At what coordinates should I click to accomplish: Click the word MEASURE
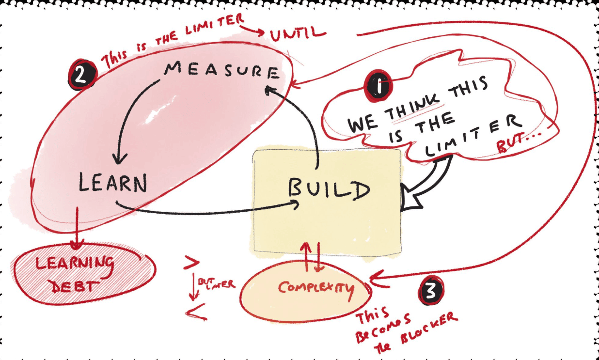222,71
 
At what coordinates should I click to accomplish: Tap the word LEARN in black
112,184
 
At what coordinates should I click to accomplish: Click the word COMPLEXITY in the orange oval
315,288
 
